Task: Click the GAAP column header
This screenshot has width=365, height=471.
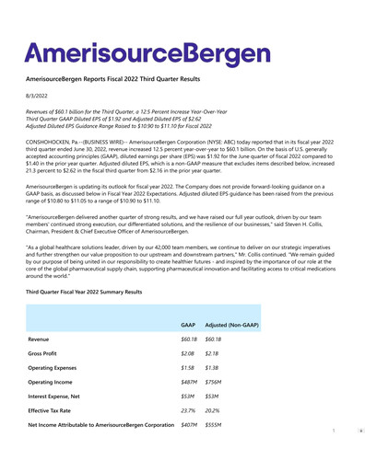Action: pyautogui.click(x=187, y=326)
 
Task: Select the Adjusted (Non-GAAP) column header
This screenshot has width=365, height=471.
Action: pyautogui.click(x=231, y=326)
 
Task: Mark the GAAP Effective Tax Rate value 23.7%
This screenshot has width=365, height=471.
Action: pyautogui.click(x=189, y=413)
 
